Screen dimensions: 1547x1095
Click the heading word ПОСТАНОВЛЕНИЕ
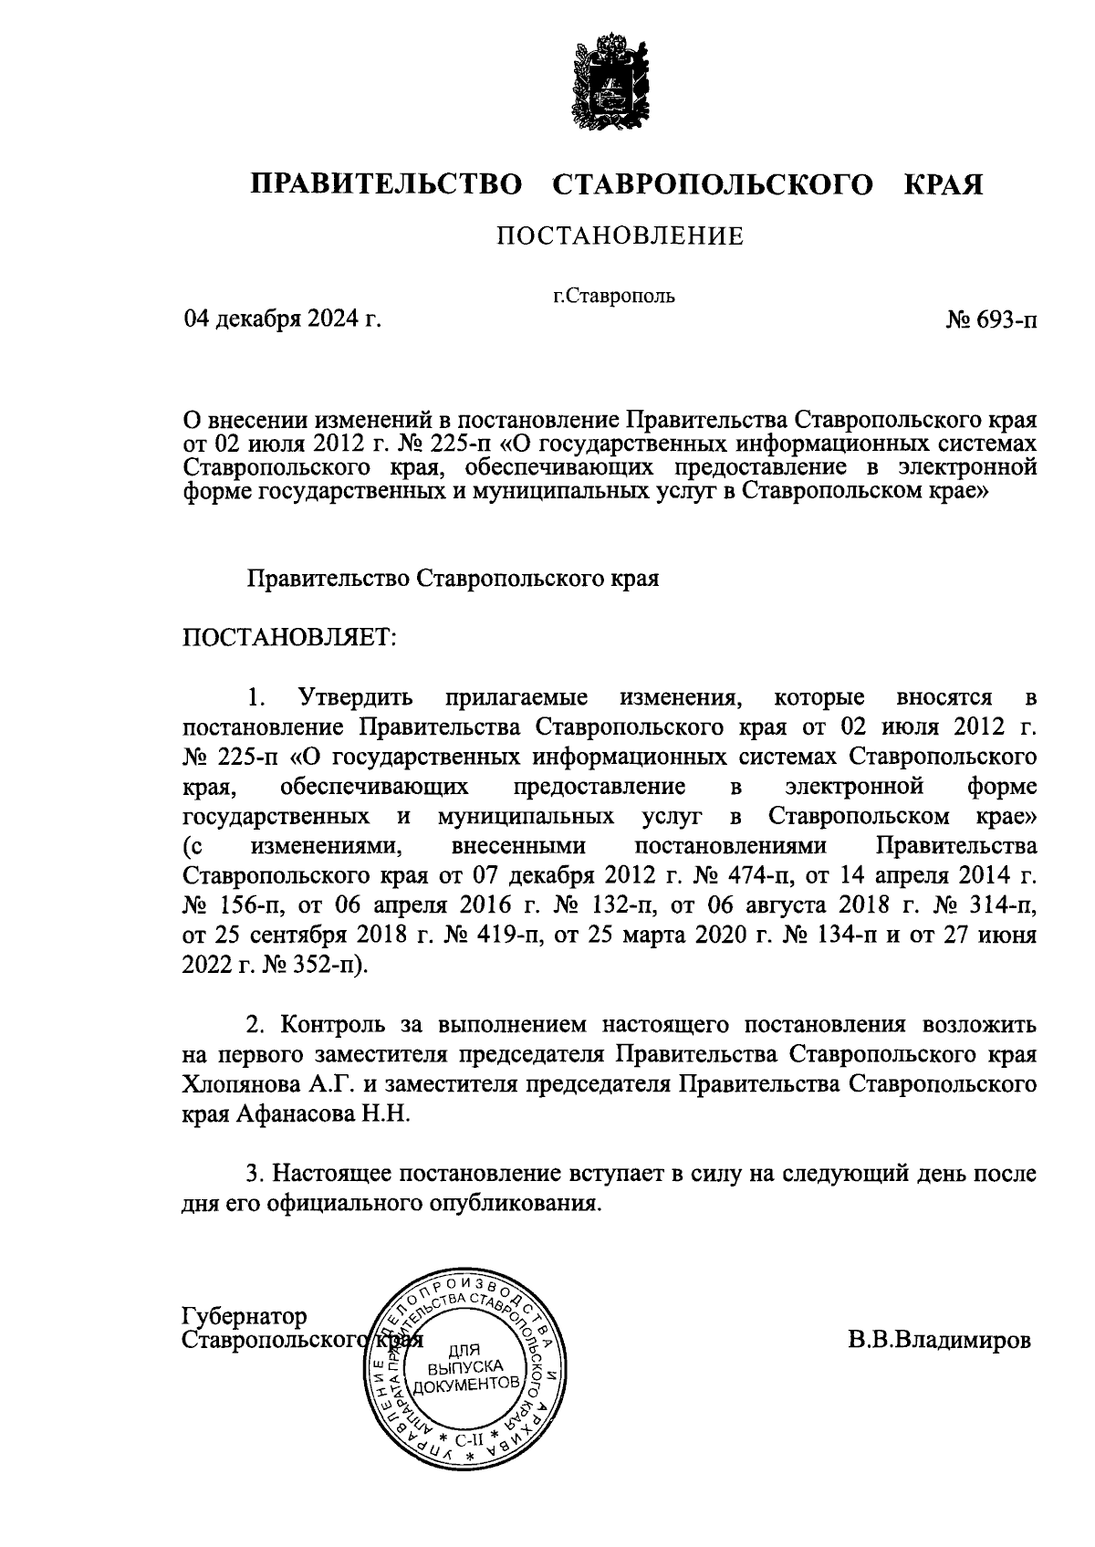coord(620,237)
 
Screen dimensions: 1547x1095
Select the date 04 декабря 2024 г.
coord(281,319)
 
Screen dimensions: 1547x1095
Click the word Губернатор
coord(245,1316)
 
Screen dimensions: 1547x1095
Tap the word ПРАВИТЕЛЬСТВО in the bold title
coord(388,184)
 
